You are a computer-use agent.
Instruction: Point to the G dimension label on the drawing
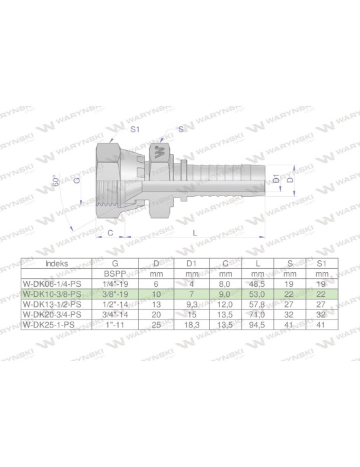pos(77,180)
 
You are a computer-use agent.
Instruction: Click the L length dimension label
pos(194,232)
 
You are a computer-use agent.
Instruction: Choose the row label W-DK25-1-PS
pos(50,324)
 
